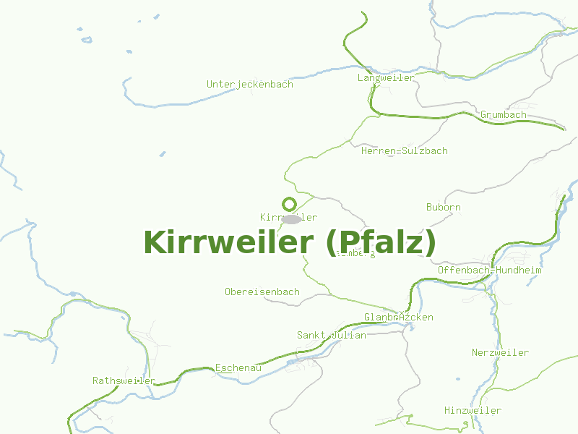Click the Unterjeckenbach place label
point(250,84)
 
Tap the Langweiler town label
point(386,77)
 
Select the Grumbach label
point(503,115)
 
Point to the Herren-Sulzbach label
point(404,151)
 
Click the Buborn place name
point(443,208)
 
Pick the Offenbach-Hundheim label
point(489,270)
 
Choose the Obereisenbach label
point(262,292)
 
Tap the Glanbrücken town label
point(398,318)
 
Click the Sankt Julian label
point(331,335)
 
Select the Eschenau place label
point(238,368)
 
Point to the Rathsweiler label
point(124,380)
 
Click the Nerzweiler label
point(500,353)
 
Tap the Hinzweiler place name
point(473,410)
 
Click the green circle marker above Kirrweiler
point(290,204)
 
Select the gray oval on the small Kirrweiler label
point(291,218)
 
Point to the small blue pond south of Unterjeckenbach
point(162,154)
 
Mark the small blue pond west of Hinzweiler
point(457,378)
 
